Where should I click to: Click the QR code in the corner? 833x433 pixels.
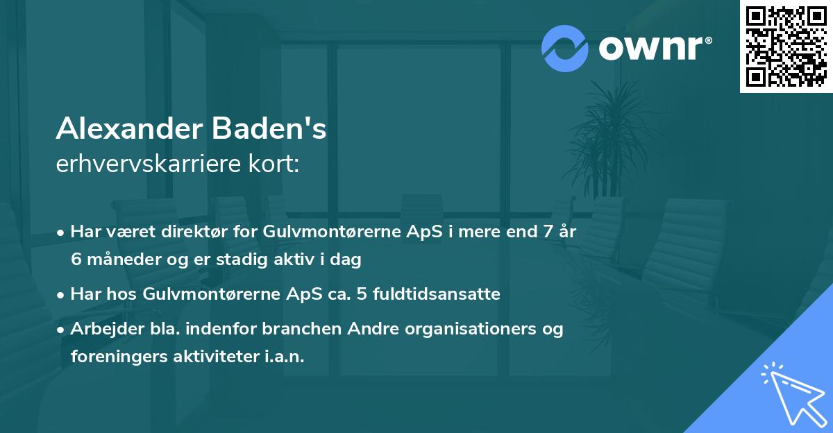[x=786, y=46]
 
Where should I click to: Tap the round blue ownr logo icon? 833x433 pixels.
[x=565, y=48]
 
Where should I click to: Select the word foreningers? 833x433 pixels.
[x=115, y=357]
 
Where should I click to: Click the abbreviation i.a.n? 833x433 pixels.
[x=283, y=357]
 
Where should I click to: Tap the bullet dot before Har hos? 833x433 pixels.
[x=62, y=295]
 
